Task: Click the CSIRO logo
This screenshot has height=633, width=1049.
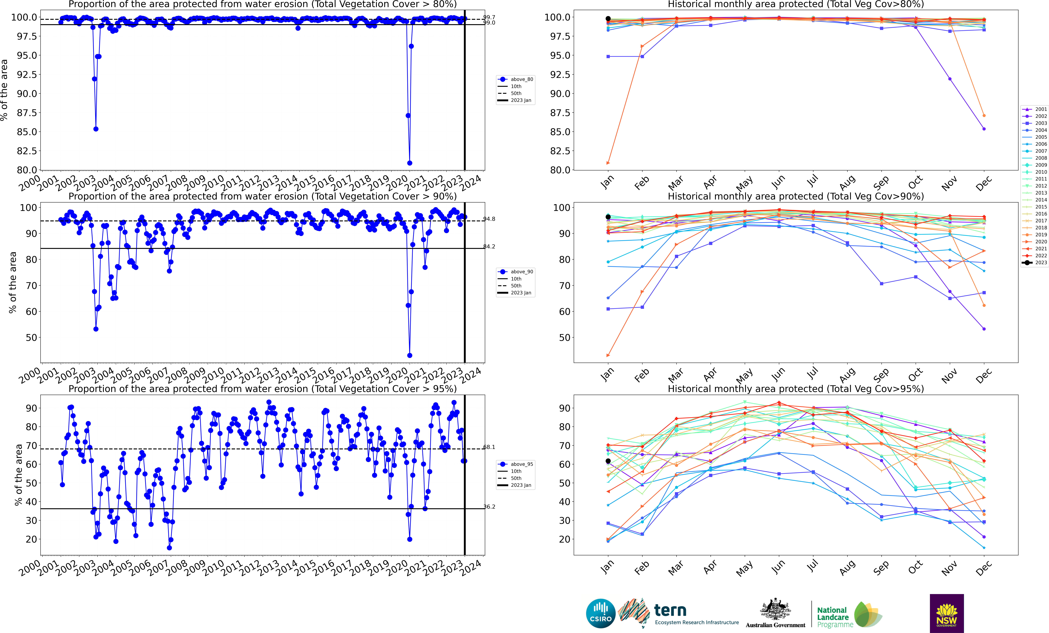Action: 601,613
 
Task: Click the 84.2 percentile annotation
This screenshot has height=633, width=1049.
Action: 489,246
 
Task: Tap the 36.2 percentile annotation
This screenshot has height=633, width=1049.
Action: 489,507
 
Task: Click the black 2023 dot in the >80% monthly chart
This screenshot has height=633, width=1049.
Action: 608,19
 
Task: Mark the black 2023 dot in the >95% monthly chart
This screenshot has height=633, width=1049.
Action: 608,461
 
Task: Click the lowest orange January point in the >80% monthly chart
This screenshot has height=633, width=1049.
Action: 608,163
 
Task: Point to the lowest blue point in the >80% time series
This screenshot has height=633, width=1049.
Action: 410,163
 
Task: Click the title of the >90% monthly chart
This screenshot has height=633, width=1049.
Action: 796,196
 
